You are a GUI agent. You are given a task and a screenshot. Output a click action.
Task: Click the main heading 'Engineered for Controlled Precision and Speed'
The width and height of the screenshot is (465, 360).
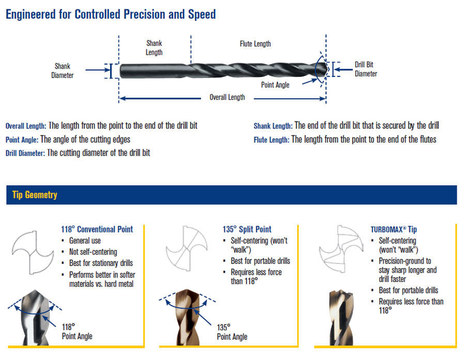[111, 14]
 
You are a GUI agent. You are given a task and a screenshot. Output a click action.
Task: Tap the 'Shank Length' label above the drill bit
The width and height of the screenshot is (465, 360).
[154, 48]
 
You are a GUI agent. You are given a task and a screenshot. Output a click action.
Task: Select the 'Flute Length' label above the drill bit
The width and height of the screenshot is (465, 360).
[255, 44]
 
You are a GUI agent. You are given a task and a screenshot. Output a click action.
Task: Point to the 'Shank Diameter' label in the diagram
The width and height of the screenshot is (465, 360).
[62, 71]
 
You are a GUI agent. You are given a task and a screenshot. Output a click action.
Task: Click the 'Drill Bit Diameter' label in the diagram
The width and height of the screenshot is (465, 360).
[366, 69]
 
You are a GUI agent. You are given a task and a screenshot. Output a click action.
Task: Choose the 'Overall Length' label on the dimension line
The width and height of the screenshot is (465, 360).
[227, 97]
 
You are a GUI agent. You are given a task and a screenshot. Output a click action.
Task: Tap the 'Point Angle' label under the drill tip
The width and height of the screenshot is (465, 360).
[275, 85]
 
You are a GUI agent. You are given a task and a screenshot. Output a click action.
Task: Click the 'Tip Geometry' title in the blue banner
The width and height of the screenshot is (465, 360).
[35, 195]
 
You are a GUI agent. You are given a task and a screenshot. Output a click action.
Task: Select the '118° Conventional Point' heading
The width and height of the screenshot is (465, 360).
[97, 229]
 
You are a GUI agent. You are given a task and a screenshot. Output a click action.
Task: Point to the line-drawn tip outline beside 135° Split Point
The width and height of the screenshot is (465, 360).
[186, 251]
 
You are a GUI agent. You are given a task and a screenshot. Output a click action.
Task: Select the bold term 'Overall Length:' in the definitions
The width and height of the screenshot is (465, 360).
[26, 126]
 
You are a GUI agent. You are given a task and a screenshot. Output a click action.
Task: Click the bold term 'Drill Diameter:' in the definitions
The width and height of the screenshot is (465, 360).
[25, 153]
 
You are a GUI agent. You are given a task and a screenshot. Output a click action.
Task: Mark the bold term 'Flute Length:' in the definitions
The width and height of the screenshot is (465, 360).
[271, 139]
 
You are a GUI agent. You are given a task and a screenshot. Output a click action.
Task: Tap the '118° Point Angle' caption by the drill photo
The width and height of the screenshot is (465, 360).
[77, 332]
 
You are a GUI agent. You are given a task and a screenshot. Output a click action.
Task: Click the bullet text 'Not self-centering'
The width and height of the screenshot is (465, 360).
[93, 252]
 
